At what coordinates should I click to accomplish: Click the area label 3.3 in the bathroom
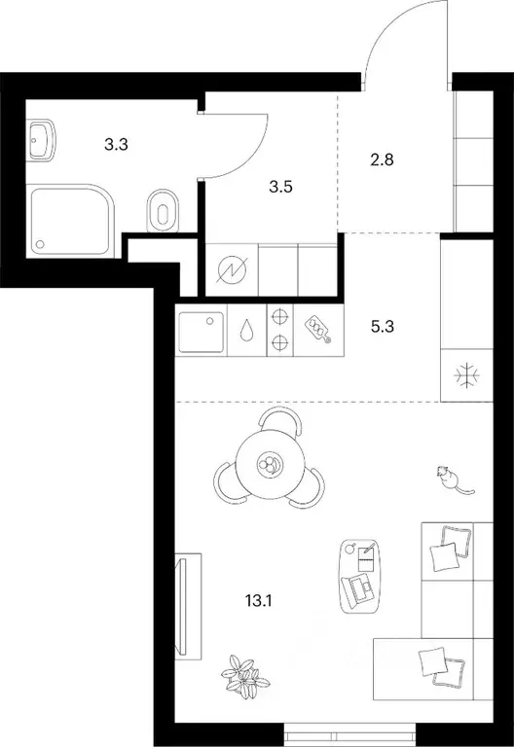coord(117,146)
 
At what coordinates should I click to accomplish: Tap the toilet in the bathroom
coord(162,212)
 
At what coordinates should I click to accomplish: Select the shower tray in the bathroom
coord(72,221)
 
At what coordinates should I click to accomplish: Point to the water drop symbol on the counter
coord(247,332)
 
